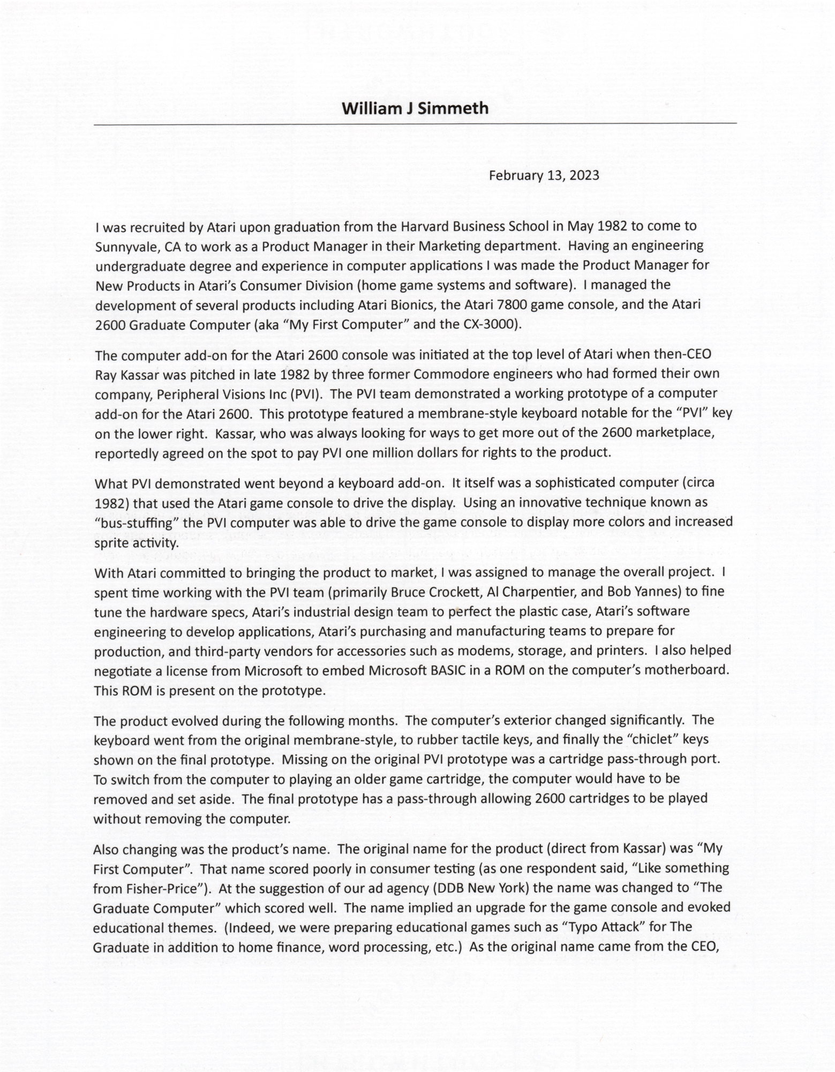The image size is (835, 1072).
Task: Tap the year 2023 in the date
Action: (x=581, y=175)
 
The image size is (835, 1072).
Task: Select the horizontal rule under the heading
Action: (x=415, y=124)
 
